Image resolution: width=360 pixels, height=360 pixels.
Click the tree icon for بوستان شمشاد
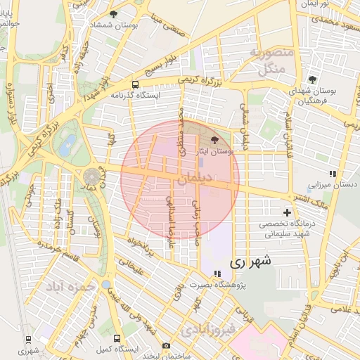[114, 14]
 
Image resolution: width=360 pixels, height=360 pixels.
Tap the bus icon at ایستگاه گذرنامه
[134, 84]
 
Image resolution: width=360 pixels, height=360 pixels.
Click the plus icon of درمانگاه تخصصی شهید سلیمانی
[287, 212]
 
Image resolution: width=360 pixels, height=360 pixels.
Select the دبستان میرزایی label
[323, 186]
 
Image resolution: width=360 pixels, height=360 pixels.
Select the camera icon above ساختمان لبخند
[166, 345]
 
